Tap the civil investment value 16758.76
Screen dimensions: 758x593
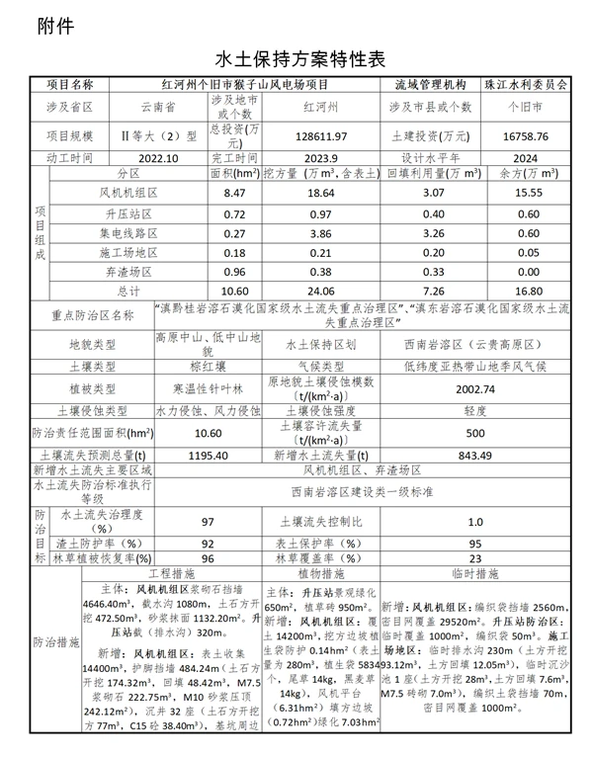pos(519,135)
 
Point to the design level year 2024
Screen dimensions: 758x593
pos(519,157)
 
